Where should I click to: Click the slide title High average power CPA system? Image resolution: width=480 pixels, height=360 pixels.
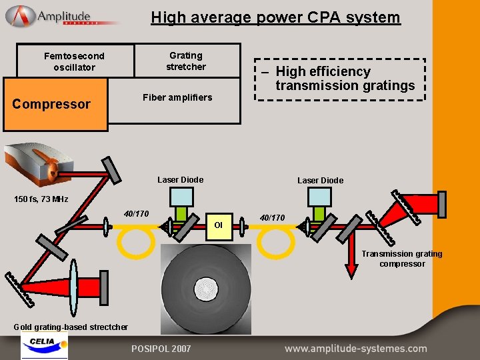[275, 17]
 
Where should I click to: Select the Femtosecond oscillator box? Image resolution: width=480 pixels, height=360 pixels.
[74, 61]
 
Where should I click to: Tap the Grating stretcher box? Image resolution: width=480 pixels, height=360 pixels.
[187, 61]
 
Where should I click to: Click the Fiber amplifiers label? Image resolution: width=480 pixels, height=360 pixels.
[177, 98]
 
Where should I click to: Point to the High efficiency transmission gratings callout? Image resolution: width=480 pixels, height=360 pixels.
[340, 79]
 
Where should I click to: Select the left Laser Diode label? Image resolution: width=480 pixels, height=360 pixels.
[180, 180]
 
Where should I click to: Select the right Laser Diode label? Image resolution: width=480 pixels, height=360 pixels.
[320, 181]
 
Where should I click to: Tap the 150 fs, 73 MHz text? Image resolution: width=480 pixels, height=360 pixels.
[41, 199]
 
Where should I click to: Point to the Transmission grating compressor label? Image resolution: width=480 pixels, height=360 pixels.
[401, 259]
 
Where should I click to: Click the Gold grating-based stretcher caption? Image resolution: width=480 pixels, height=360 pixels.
[71, 327]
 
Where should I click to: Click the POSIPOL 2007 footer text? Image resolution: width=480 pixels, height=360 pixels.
[161, 349]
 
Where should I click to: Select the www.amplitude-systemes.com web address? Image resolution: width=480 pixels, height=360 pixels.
[355, 349]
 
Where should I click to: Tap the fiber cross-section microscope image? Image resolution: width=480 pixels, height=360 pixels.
[206, 289]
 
